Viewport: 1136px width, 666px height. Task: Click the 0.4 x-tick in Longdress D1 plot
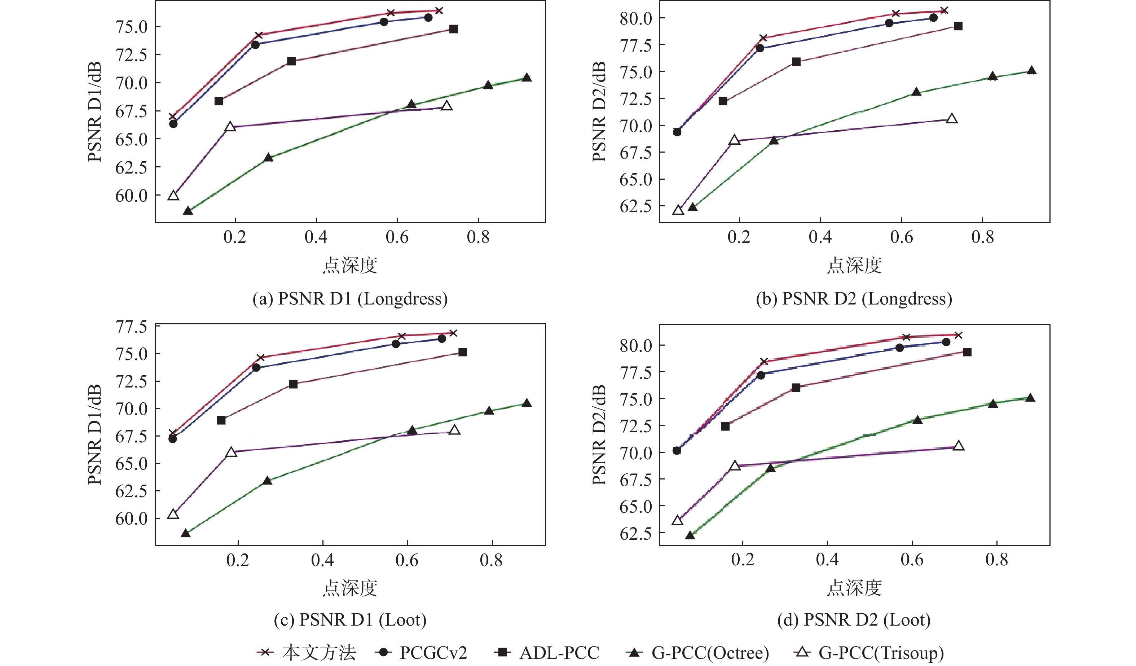(316, 237)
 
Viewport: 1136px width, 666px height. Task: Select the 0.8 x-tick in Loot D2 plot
(997, 560)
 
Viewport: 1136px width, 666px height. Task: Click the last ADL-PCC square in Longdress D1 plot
(454, 29)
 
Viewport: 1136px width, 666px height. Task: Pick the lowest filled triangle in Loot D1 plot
(185, 534)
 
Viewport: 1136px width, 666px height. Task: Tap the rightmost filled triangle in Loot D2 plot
(1030, 398)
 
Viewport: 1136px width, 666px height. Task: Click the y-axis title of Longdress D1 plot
(94, 111)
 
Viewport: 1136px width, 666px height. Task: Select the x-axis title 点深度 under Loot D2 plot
(854, 588)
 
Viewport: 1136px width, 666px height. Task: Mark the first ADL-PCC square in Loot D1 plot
(221, 420)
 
